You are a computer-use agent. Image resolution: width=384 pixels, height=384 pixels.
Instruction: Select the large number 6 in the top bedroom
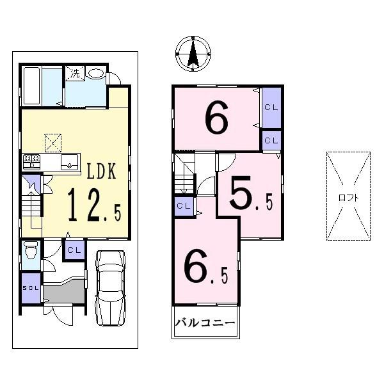[216, 118]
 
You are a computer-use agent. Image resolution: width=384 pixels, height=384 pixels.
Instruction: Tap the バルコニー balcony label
[206, 322]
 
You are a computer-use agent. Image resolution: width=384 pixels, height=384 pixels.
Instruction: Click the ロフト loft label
[348, 197]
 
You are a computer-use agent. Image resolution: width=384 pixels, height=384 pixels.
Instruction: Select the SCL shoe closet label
[31, 287]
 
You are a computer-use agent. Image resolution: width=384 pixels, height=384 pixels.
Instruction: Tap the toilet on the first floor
[30, 255]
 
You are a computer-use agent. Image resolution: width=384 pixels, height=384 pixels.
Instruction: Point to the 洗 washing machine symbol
[75, 74]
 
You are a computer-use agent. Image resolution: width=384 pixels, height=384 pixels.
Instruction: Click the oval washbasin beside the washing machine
[95, 74]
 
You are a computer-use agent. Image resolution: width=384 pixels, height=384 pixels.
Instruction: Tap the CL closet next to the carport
[74, 249]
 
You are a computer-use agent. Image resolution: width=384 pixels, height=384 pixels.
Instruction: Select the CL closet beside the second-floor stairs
[183, 205]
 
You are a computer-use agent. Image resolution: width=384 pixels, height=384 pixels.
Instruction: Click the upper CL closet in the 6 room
[271, 108]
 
